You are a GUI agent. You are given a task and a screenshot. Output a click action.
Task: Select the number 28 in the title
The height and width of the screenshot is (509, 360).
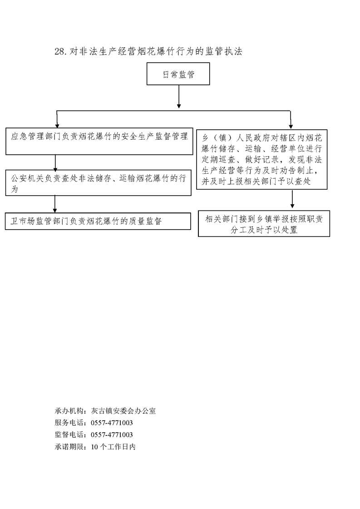[x=60, y=52]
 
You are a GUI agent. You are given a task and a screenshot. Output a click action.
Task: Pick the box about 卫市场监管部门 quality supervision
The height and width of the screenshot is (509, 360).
[x=98, y=221]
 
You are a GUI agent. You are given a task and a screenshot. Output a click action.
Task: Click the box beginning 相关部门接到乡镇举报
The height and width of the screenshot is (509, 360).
[x=264, y=224]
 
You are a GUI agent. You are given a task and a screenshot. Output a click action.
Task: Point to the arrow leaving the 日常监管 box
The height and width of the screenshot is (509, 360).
[x=179, y=97]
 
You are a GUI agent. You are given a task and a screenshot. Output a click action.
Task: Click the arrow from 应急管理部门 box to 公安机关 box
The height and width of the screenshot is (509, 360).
[x=55, y=163]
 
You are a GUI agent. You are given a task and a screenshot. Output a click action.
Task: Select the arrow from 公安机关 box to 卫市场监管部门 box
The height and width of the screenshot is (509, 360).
[x=55, y=204]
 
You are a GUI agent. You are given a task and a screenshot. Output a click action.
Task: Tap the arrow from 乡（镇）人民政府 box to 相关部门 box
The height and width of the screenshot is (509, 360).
[x=292, y=199]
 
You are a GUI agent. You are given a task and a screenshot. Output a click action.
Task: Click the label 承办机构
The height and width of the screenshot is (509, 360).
[x=68, y=411]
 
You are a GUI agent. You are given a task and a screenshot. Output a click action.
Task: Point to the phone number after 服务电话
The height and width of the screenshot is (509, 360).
[x=112, y=423]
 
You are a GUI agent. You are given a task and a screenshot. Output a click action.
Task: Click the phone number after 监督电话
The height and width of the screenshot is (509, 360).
[x=112, y=435]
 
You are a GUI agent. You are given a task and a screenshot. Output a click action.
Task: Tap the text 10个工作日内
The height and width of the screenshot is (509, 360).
[x=113, y=446]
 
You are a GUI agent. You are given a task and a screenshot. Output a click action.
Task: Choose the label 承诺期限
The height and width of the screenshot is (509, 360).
[x=68, y=446]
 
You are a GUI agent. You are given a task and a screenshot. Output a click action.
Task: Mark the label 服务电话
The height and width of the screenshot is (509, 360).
[x=68, y=423]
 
